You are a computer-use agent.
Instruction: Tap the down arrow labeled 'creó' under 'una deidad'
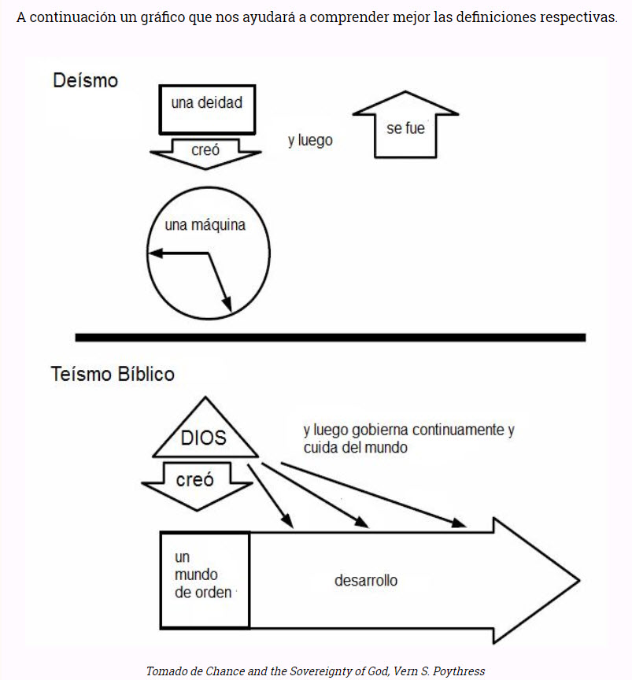(x=205, y=150)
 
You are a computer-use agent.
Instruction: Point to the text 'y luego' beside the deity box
(x=310, y=141)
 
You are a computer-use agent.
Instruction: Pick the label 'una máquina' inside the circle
(x=205, y=225)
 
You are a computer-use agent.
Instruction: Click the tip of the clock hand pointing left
(x=152, y=253)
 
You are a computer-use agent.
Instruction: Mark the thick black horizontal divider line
(x=331, y=338)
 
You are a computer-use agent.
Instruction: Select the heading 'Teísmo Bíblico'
(x=113, y=374)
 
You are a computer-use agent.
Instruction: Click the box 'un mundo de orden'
(x=205, y=579)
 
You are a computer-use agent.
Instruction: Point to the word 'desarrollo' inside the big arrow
(x=366, y=581)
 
